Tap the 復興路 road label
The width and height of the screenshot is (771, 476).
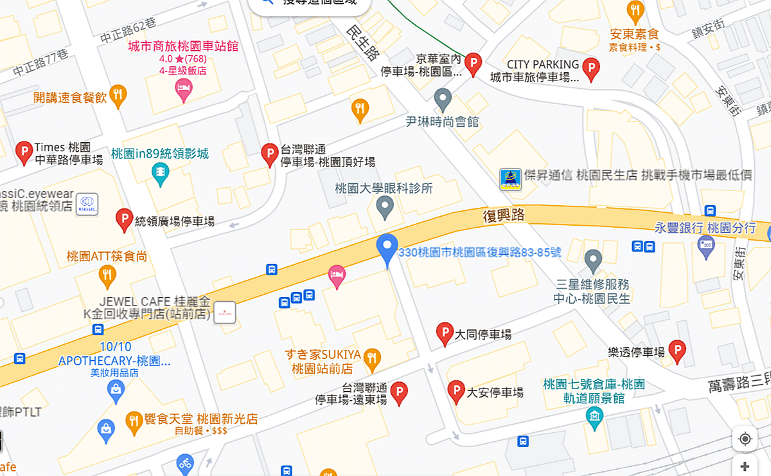pos(504,215)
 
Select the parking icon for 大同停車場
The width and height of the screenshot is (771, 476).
pos(444,333)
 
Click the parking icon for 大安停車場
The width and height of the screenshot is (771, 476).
pos(456,391)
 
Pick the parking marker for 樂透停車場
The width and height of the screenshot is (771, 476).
pos(677,351)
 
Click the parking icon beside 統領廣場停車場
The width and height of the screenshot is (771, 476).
pos(124,220)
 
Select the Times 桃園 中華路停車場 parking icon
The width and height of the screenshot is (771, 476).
pos(24,152)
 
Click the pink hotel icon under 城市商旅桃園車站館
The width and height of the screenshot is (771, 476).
pos(184,89)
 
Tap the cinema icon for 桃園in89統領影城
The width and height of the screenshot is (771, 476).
pos(160,172)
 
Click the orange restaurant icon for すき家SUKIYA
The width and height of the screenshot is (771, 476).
pos(371,358)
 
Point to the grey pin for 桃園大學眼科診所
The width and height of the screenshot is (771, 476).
pos(385,207)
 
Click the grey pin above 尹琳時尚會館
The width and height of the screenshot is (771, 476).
pos(443,100)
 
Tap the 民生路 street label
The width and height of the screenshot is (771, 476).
pos(362,43)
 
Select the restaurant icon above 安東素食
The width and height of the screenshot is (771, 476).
pos(635,11)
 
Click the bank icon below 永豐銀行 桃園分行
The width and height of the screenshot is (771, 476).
pos(706,246)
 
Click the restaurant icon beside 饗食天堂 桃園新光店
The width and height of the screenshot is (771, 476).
pos(134,420)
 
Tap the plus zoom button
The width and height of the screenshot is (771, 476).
pos(745,466)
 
